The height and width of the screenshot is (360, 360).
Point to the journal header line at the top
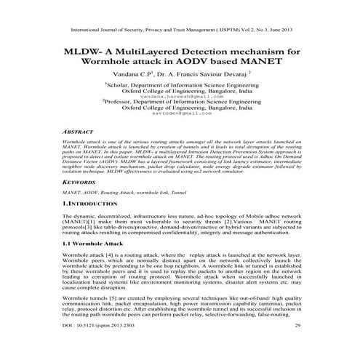(180, 32)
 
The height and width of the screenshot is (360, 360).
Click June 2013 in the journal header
(279, 32)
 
